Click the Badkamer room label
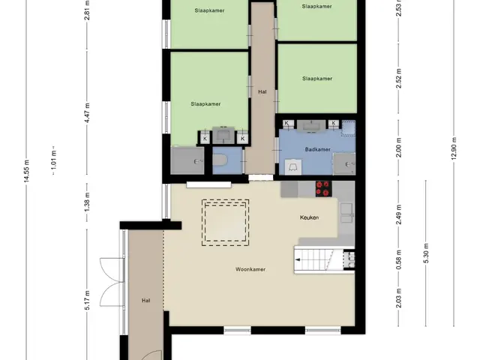point(317,149)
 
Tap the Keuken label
point(309,217)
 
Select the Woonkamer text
point(250,269)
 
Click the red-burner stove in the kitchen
point(324,188)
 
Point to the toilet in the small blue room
point(219,160)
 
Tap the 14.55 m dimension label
point(27,171)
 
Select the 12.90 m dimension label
point(453,148)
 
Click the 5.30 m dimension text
point(426,253)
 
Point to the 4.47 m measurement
point(87,113)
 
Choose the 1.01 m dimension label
point(54,160)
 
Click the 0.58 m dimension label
point(398,259)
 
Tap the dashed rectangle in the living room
point(225,223)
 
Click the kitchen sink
point(346,212)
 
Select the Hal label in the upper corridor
point(262,91)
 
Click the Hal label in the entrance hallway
point(146,301)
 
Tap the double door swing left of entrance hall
point(112,282)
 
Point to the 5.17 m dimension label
point(87,300)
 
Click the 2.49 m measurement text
point(398,214)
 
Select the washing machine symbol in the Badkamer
point(293,167)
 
